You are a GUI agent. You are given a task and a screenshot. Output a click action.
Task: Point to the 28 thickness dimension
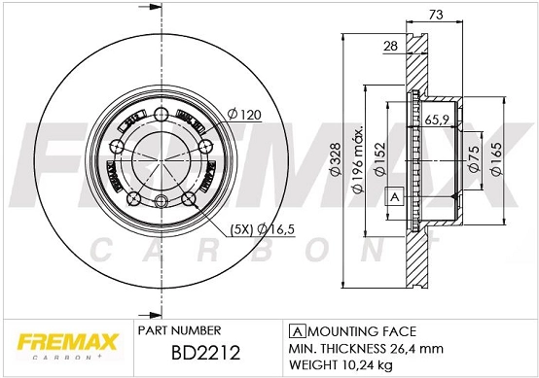coord(390,46)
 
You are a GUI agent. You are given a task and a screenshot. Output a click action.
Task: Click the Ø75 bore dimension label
coord(472,158)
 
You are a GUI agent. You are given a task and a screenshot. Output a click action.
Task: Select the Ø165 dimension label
coord(497,158)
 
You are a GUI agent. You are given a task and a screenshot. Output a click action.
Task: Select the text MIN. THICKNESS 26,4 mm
coord(366,348)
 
